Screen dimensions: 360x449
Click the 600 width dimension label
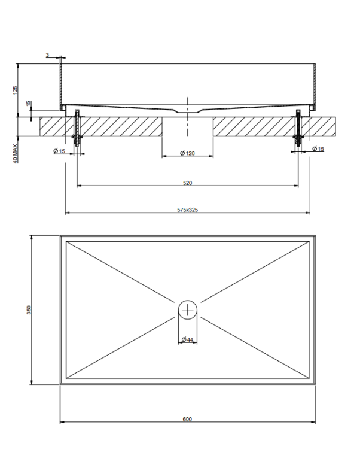pyautogui.click(x=187, y=419)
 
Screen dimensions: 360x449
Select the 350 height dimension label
pyautogui.click(x=29, y=310)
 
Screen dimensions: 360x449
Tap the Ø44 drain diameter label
pyautogui.click(x=187, y=339)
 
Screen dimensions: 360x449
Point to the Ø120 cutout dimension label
pyautogui.click(x=187, y=153)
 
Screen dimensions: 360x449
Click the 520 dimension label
pyautogui.click(x=187, y=183)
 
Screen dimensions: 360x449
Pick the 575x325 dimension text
pyautogui.click(x=187, y=210)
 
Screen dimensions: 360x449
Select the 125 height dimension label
pyautogui.click(x=15, y=90)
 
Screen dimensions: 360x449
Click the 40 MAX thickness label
pyautogui.click(x=15, y=153)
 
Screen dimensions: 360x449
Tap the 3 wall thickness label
pyautogui.click(x=47, y=55)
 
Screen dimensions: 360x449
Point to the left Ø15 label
pyautogui.click(x=59, y=151)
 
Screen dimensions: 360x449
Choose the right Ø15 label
pyautogui.click(x=318, y=148)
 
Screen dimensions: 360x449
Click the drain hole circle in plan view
pyautogui.click(x=188, y=310)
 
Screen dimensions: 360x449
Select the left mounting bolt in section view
pyautogui.click(x=77, y=128)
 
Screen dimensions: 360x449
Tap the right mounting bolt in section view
pyautogui.click(x=298, y=128)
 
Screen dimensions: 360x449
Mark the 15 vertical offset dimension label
pyautogui.click(x=28, y=104)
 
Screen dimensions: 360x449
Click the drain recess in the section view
pyautogui.click(x=188, y=111)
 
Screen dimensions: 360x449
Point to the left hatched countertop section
pyautogui.click(x=100, y=126)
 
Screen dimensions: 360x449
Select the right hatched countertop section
pyautogui.click(x=274, y=126)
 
